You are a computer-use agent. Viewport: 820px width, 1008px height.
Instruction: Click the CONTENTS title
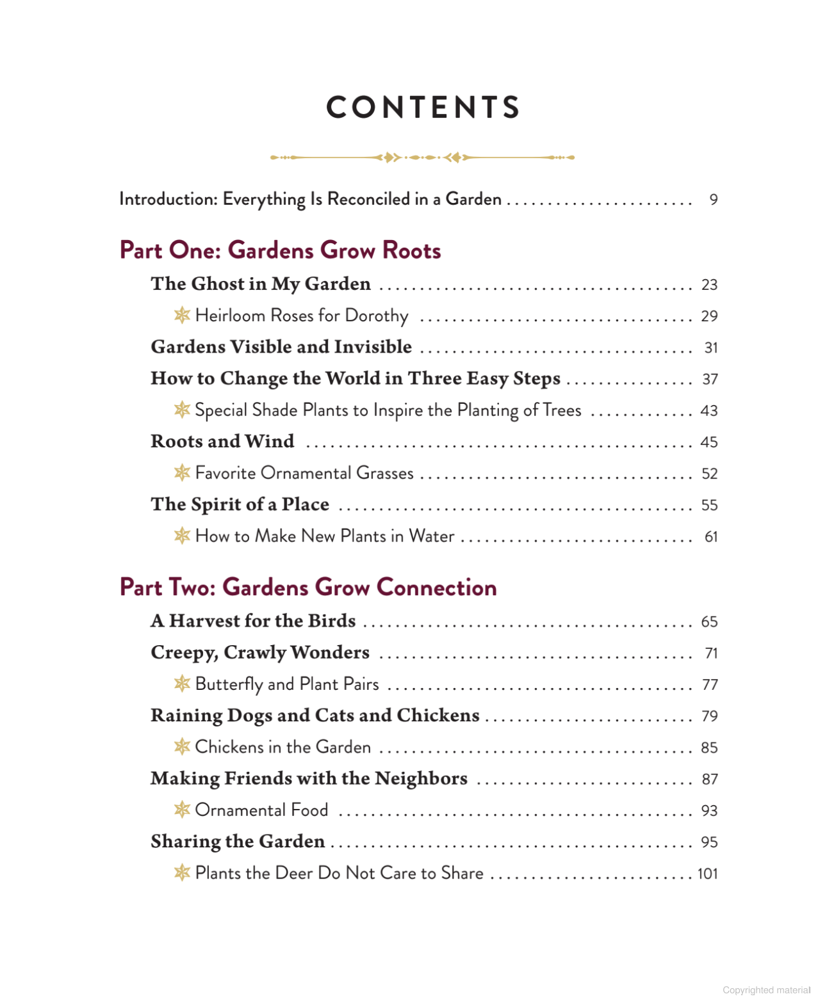(423, 108)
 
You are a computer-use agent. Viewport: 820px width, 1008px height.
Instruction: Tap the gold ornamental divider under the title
(422, 157)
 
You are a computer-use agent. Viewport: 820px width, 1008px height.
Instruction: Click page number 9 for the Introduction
(713, 200)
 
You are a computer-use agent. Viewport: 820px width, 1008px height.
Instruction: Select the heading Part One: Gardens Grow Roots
(280, 250)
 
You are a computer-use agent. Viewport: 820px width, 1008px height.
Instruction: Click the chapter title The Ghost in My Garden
(261, 284)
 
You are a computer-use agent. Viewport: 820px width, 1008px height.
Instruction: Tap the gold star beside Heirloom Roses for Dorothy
(182, 315)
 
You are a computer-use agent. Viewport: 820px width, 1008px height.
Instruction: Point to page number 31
(710, 348)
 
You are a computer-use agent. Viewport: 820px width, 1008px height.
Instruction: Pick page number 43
(709, 411)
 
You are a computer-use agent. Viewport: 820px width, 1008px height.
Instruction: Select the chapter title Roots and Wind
(222, 442)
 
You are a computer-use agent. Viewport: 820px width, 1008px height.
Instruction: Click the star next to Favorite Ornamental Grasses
(182, 472)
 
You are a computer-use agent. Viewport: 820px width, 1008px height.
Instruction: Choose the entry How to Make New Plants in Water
(325, 536)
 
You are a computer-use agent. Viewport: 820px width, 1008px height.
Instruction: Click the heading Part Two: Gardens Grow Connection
(308, 588)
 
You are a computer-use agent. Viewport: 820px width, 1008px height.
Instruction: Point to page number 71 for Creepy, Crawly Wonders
(711, 653)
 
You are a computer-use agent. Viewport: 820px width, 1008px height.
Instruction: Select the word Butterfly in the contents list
(229, 684)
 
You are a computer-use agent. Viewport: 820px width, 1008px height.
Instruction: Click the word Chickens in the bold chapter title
(438, 716)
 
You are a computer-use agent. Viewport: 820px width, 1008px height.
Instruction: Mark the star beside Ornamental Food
(182, 810)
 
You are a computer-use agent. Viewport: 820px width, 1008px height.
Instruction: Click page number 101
(707, 874)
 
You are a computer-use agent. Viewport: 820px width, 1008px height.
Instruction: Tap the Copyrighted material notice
(766, 990)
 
